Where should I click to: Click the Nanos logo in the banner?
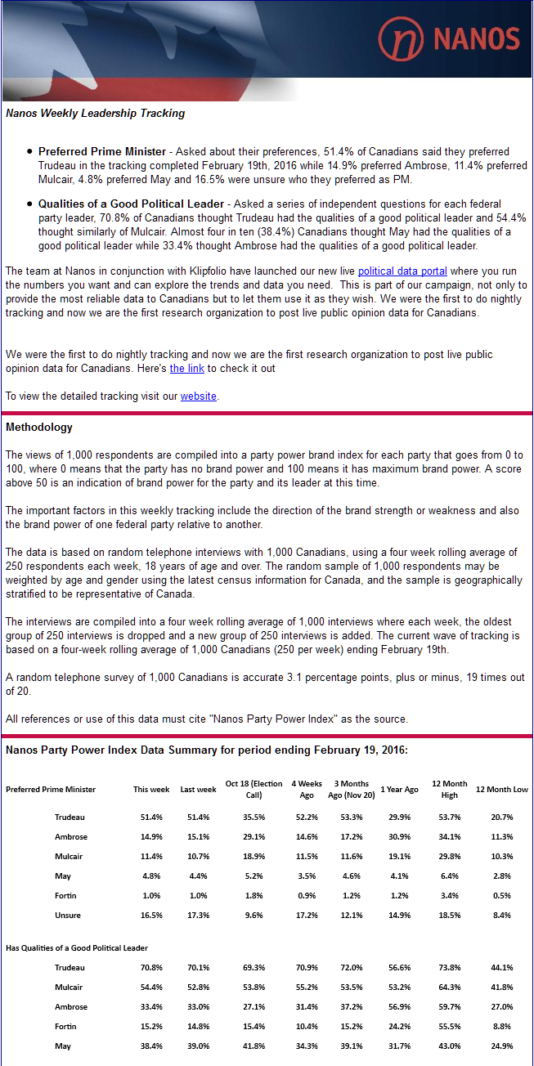pos(448,38)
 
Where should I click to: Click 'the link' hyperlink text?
pos(187,369)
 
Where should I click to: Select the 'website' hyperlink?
pos(199,396)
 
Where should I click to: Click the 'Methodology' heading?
pos(39,428)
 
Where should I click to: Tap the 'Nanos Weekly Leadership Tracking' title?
pos(95,114)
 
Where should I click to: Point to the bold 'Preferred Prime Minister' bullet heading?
pos(101,152)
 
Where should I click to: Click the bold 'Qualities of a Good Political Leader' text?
pos(131,204)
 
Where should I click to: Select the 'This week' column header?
pos(151,790)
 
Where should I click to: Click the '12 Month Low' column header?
pos(503,790)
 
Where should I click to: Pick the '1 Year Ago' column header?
pos(399,790)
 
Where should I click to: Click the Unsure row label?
pos(68,916)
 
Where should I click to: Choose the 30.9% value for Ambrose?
pos(399,837)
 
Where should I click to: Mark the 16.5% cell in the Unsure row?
pos(151,916)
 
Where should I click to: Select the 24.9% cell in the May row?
pos(503,1046)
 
